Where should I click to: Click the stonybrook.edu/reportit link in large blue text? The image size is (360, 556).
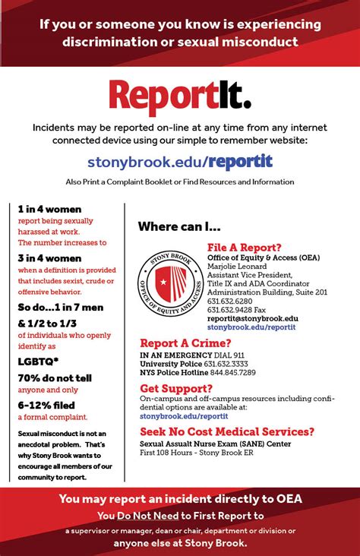point(180,161)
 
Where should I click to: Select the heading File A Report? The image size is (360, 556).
point(244,248)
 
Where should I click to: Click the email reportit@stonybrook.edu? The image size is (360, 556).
point(253,319)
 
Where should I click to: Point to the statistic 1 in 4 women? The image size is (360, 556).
point(49,209)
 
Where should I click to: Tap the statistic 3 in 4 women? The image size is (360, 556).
point(49,257)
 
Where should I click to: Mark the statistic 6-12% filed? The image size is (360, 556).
point(48,405)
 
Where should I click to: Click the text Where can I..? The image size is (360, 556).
point(179,226)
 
